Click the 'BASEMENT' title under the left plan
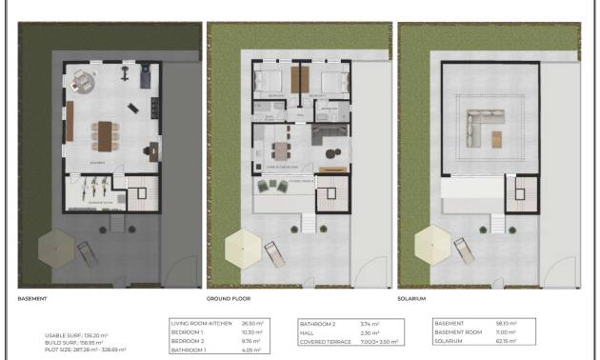point(32,298)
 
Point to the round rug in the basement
point(83,80)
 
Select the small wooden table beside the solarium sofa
point(496,139)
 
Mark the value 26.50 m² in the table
point(253,323)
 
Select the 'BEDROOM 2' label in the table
point(188,340)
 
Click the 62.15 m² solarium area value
point(506,340)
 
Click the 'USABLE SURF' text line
point(84,335)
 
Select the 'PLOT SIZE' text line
point(85,350)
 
